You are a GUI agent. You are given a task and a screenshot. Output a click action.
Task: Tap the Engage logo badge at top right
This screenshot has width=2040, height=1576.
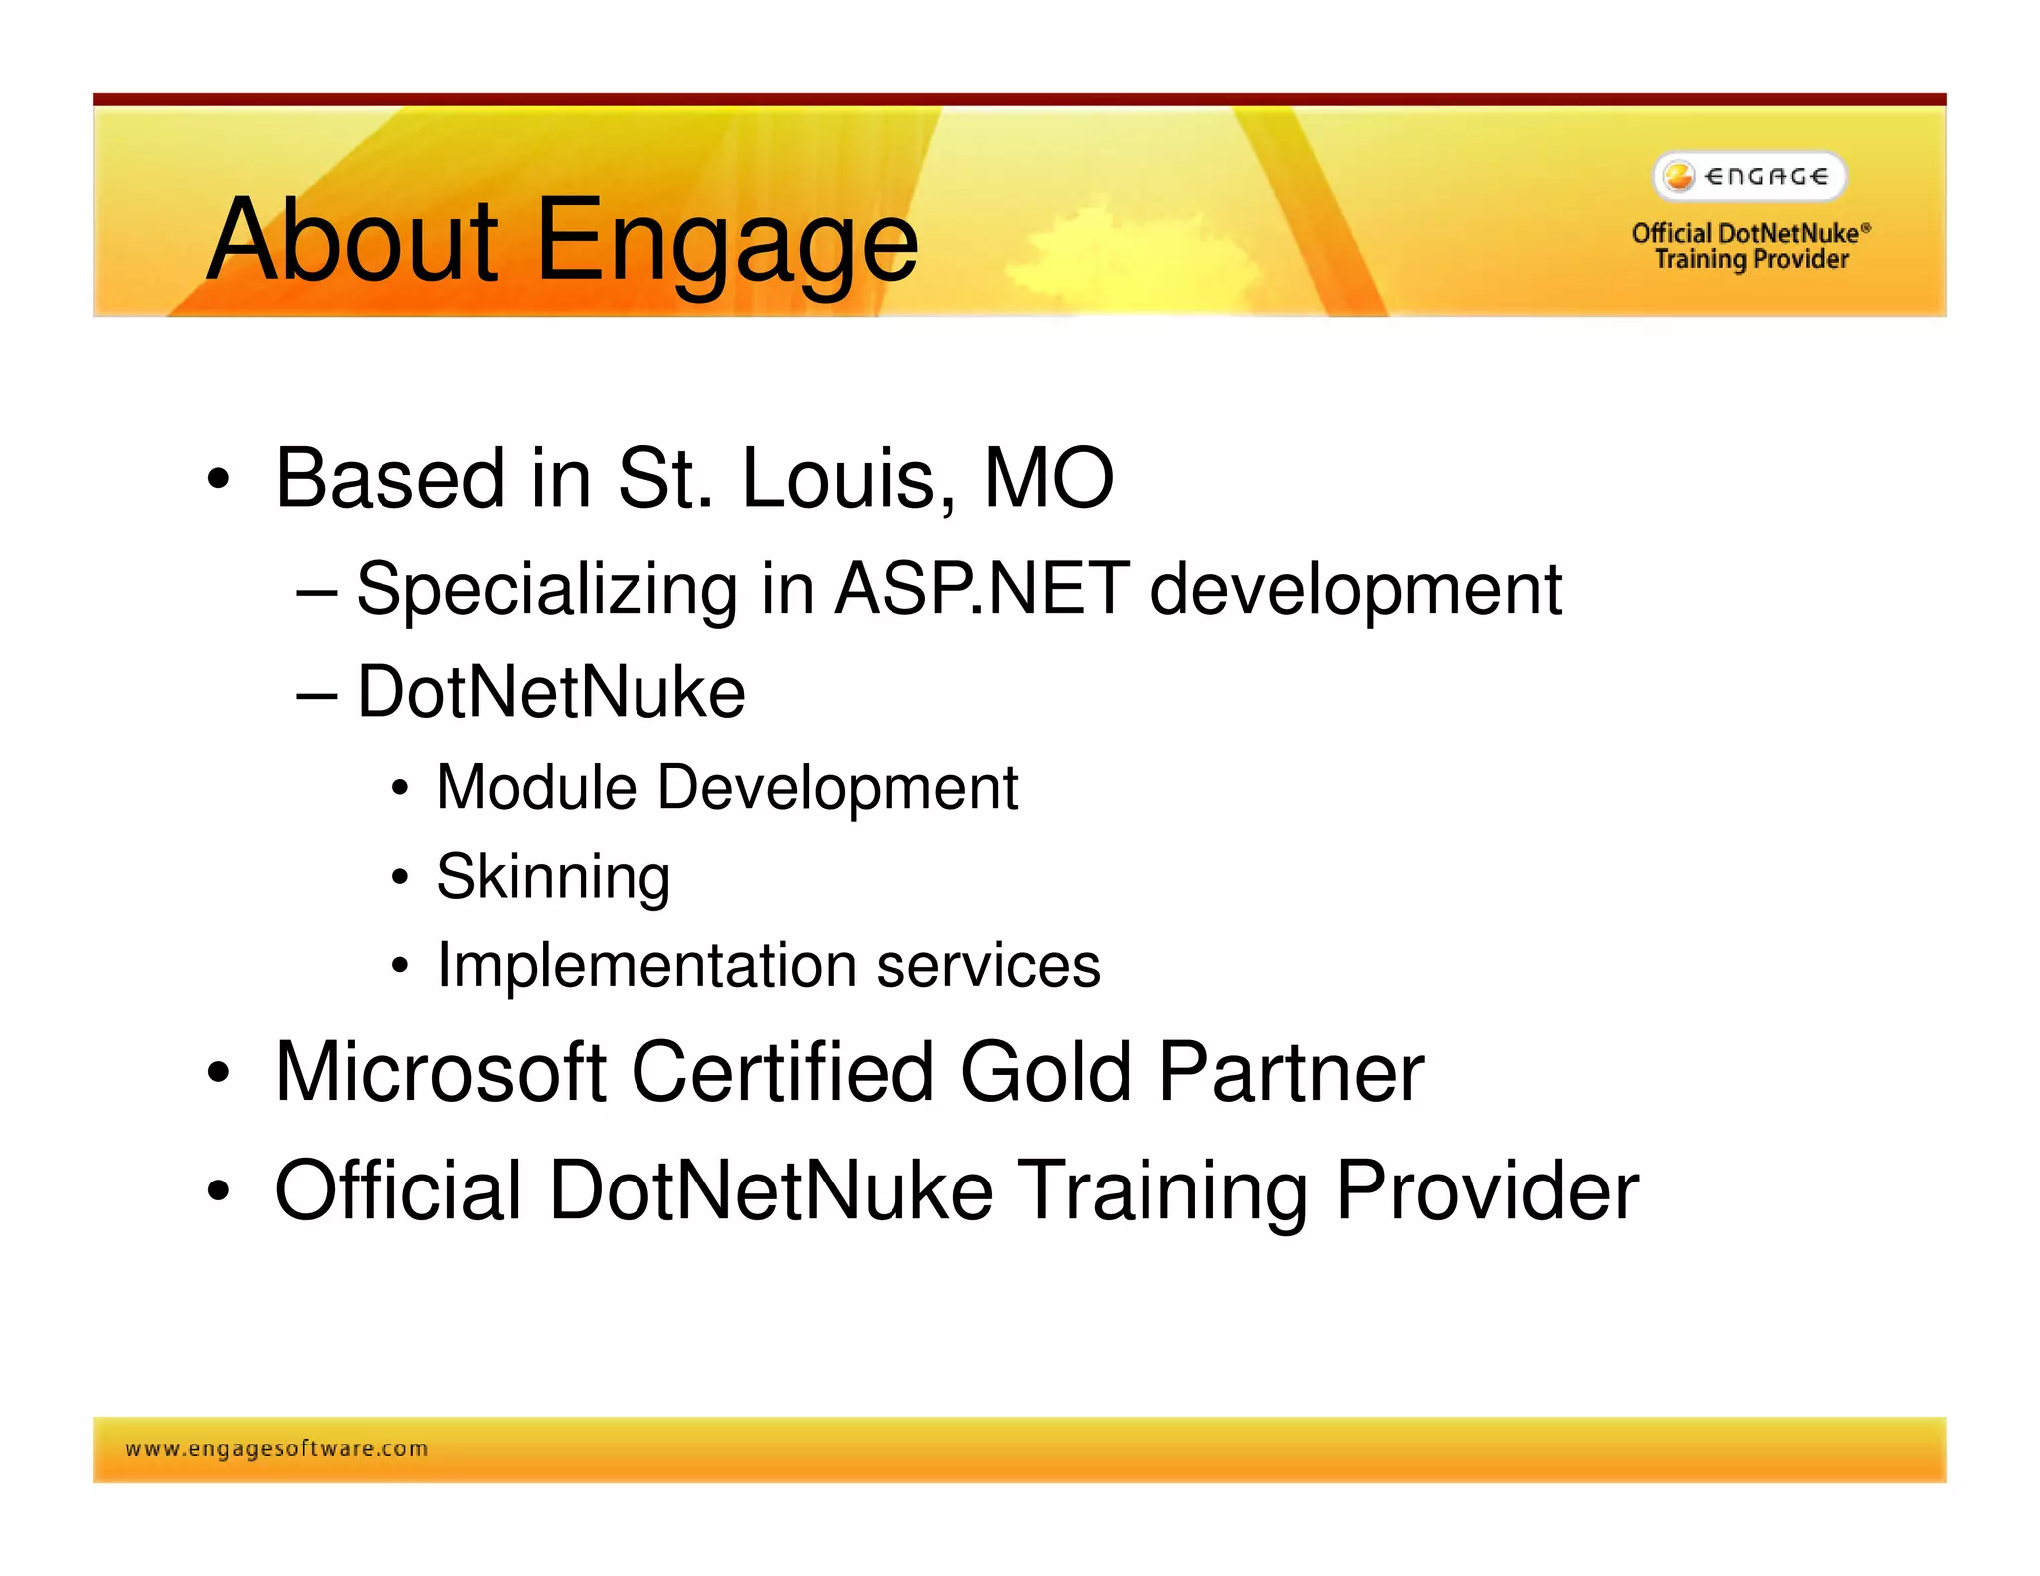click(1749, 177)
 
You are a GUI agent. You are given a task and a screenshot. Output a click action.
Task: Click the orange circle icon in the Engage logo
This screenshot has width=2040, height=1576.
click(1679, 176)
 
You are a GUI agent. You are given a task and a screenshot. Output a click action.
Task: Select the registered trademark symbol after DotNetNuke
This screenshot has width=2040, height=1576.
click(1866, 228)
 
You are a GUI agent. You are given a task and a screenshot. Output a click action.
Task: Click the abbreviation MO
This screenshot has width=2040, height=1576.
click(1048, 479)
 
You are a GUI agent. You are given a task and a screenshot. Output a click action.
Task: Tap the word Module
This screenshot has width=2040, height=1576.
click(536, 788)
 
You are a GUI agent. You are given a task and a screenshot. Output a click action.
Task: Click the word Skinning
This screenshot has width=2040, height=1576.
click(553, 878)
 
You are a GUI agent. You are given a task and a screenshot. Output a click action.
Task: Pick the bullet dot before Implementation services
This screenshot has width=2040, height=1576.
click(400, 965)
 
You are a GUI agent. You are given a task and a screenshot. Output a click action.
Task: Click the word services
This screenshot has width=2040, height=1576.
click(987, 966)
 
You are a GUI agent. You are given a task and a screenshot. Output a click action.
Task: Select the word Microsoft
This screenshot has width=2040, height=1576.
click(440, 1072)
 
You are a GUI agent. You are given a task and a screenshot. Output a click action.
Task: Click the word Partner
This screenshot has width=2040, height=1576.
click(1291, 1074)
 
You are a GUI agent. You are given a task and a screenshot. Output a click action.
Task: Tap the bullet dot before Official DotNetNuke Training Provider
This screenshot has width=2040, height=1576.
click(218, 1190)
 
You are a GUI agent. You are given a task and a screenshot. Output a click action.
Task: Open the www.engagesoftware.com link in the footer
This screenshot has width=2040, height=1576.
click(277, 1449)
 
